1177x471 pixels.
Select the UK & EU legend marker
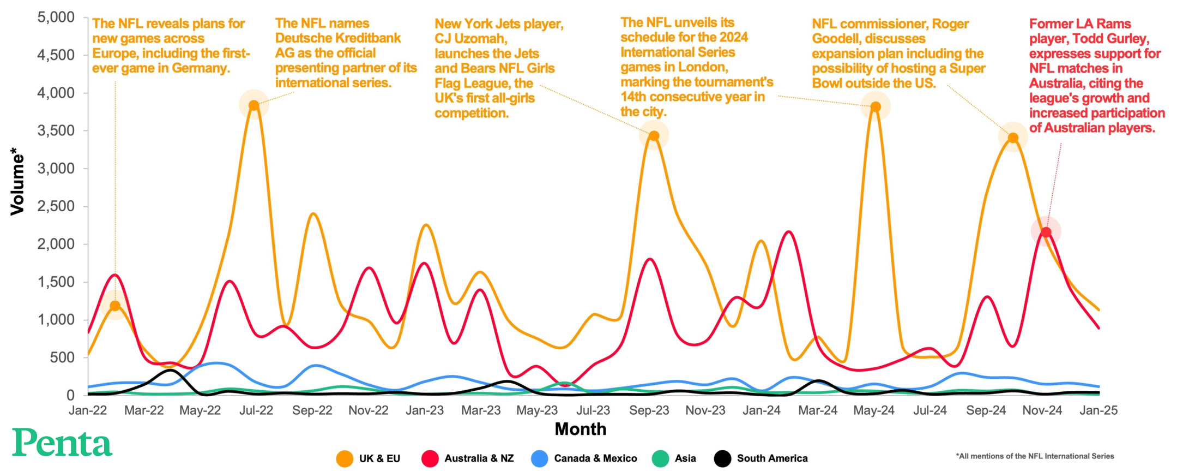click(345, 458)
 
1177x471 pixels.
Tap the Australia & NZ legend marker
click(430, 458)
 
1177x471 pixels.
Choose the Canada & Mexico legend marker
click(539, 458)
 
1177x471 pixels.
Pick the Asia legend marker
click(660, 458)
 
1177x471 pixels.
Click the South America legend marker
click(722, 458)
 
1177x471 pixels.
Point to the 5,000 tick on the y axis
click(56, 17)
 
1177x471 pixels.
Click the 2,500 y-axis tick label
click(56, 206)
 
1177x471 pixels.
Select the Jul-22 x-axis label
click(256, 410)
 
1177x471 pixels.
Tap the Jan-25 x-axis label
click(1098, 410)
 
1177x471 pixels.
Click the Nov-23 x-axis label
click(705, 410)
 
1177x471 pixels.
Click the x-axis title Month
click(580, 429)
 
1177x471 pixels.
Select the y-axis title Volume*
click(17, 181)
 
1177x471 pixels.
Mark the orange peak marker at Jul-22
click(253, 105)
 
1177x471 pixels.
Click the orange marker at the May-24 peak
click(875, 106)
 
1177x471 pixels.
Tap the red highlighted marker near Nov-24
click(1046, 232)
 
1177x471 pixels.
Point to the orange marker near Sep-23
click(654, 135)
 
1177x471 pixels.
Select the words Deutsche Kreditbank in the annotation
click(337, 38)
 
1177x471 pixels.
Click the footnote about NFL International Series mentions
click(1034, 456)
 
